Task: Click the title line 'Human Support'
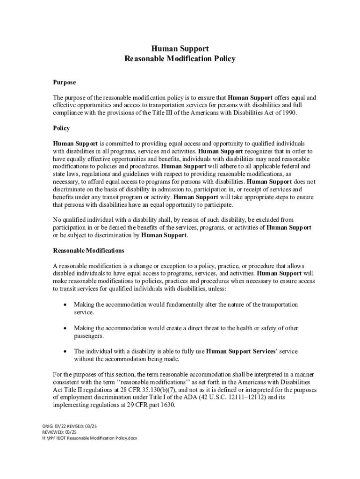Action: pyautogui.click(x=180, y=49)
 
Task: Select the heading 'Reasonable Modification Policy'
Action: pyautogui.click(x=180, y=59)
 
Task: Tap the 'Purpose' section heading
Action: pyautogui.click(x=64, y=82)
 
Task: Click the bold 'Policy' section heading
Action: pyautogui.click(x=61, y=128)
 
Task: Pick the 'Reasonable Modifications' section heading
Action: pyautogui.click(x=88, y=251)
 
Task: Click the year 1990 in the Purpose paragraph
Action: pyautogui.click(x=288, y=113)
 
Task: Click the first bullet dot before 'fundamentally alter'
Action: pyautogui.click(x=65, y=305)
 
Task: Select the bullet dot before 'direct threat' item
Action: pyautogui.click(x=65, y=328)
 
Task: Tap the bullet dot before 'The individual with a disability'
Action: pyautogui.click(x=65, y=351)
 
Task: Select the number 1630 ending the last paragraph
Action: pyautogui.click(x=166, y=405)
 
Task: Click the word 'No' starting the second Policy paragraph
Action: pyautogui.click(x=57, y=220)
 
